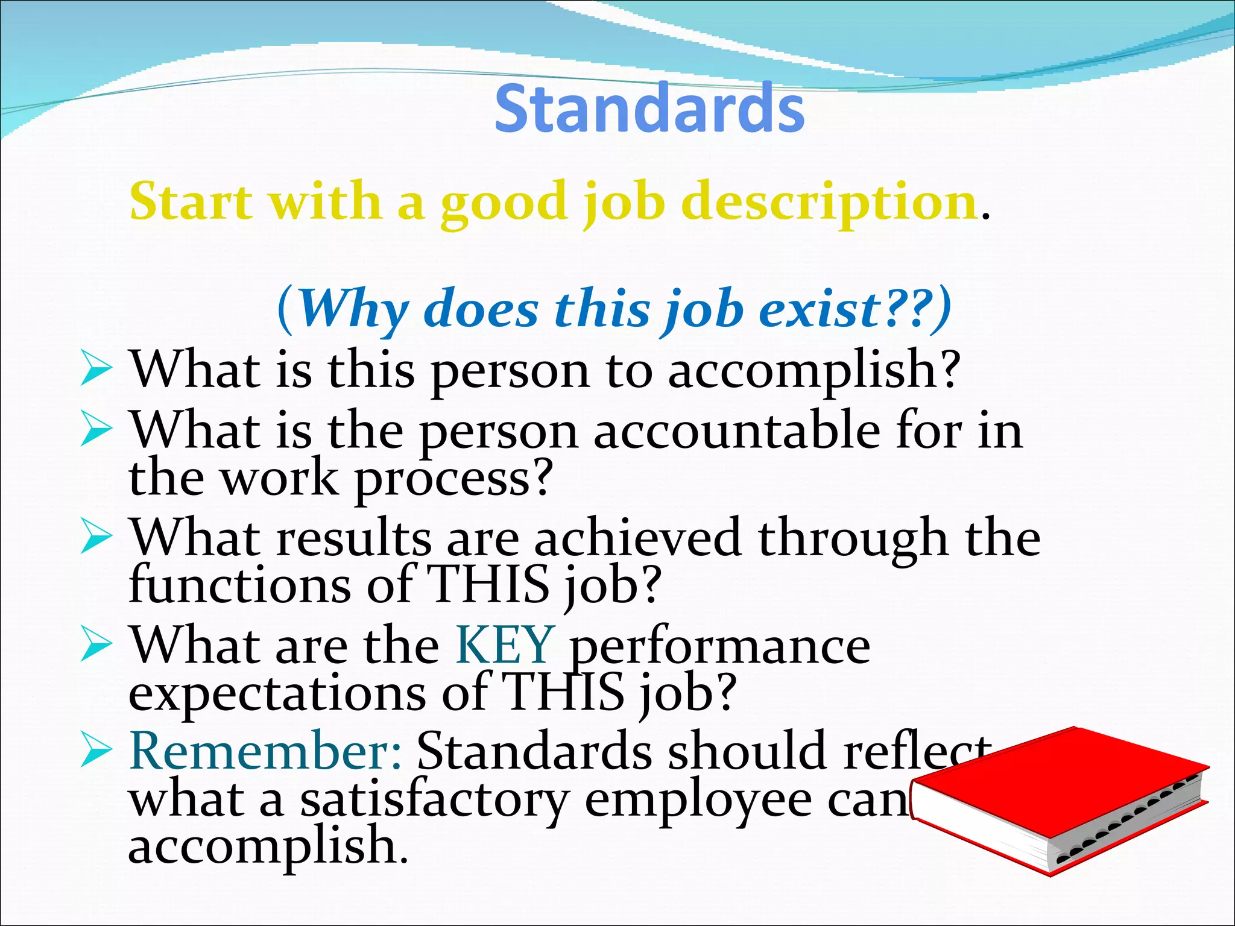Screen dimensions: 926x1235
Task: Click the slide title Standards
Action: click(649, 109)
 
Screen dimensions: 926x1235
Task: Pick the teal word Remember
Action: click(265, 751)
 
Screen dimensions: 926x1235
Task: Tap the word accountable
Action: click(736, 430)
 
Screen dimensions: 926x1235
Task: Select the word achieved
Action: click(637, 538)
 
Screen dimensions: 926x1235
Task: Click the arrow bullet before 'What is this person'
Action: click(96, 370)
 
